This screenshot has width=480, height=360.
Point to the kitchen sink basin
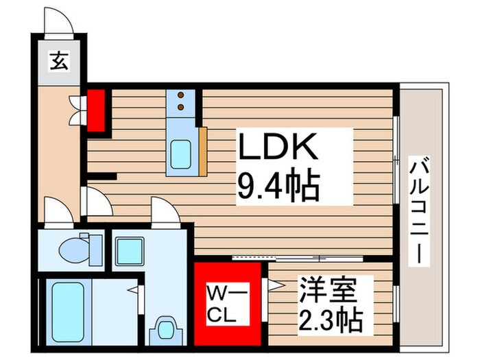click(x=181, y=151)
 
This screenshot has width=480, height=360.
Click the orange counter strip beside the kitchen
click(x=203, y=150)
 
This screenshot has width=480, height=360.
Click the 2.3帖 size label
click(x=328, y=319)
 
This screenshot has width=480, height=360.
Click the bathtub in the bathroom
click(x=67, y=312)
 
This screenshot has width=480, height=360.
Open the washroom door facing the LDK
click(x=163, y=209)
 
